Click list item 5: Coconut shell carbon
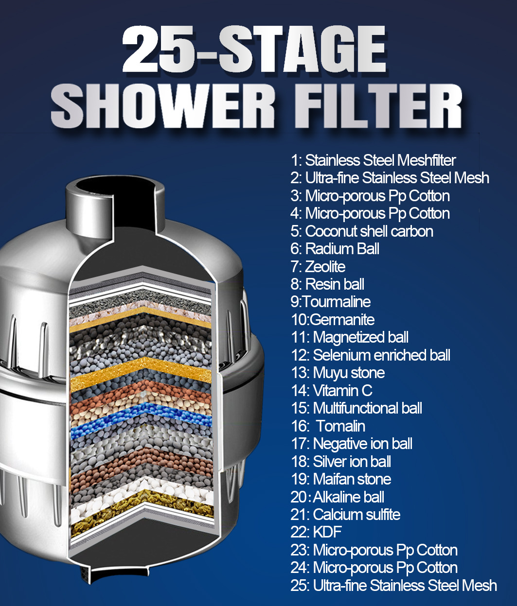pyautogui.click(x=362, y=231)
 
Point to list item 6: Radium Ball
pyautogui.click(x=335, y=249)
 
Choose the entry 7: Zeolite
pyautogui.click(x=318, y=267)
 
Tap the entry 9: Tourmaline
pyautogui.click(x=331, y=302)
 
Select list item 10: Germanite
pyautogui.click(x=333, y=320)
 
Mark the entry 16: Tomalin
pyautogui.click(x=328, y=426)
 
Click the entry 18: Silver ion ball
pyautogui.click(x=340, y=462)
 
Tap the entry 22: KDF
pyautogui.click(x=316, y=532)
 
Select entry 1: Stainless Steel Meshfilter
pyautogui.click(x=373, y=160)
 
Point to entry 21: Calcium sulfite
pyautogui.click(x=345, y=515)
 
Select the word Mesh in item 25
pyautogui.click(x=479, y=586)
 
